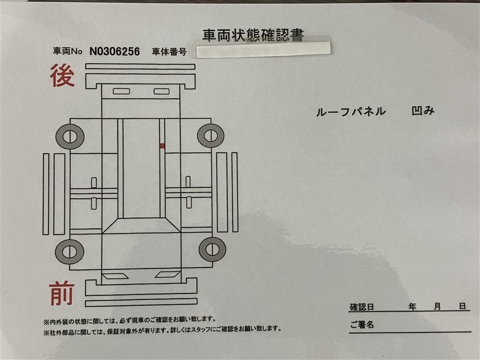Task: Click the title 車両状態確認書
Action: [x=253, y=35]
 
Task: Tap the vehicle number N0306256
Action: [x=115, y=52]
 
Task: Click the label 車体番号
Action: [x=169, y=52]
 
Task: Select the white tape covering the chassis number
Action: [x=263, y=50]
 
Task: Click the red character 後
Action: [x=62, y=76]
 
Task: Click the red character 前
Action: [x=62, y=293]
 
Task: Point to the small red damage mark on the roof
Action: [x=162, y=146]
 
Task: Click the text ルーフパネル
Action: [x=351, y=112]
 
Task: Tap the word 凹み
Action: [x=423, y=111]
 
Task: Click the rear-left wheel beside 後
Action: [x=70, y=137]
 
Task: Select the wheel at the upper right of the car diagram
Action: [x=211, y=136]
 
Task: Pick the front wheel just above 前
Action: [x=70, y=251]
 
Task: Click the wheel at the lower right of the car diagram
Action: [x=212, y=249]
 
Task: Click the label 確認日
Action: [x=362, y=307]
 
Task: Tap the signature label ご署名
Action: [x=362, y=324]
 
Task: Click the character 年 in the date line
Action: [x=412, y=306]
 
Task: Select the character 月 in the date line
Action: [x=437, y=306]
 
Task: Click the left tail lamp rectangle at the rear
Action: [x=121, y=91]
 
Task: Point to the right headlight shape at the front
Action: [x=167, y=274]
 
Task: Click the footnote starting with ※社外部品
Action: [x=162, y=329]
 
